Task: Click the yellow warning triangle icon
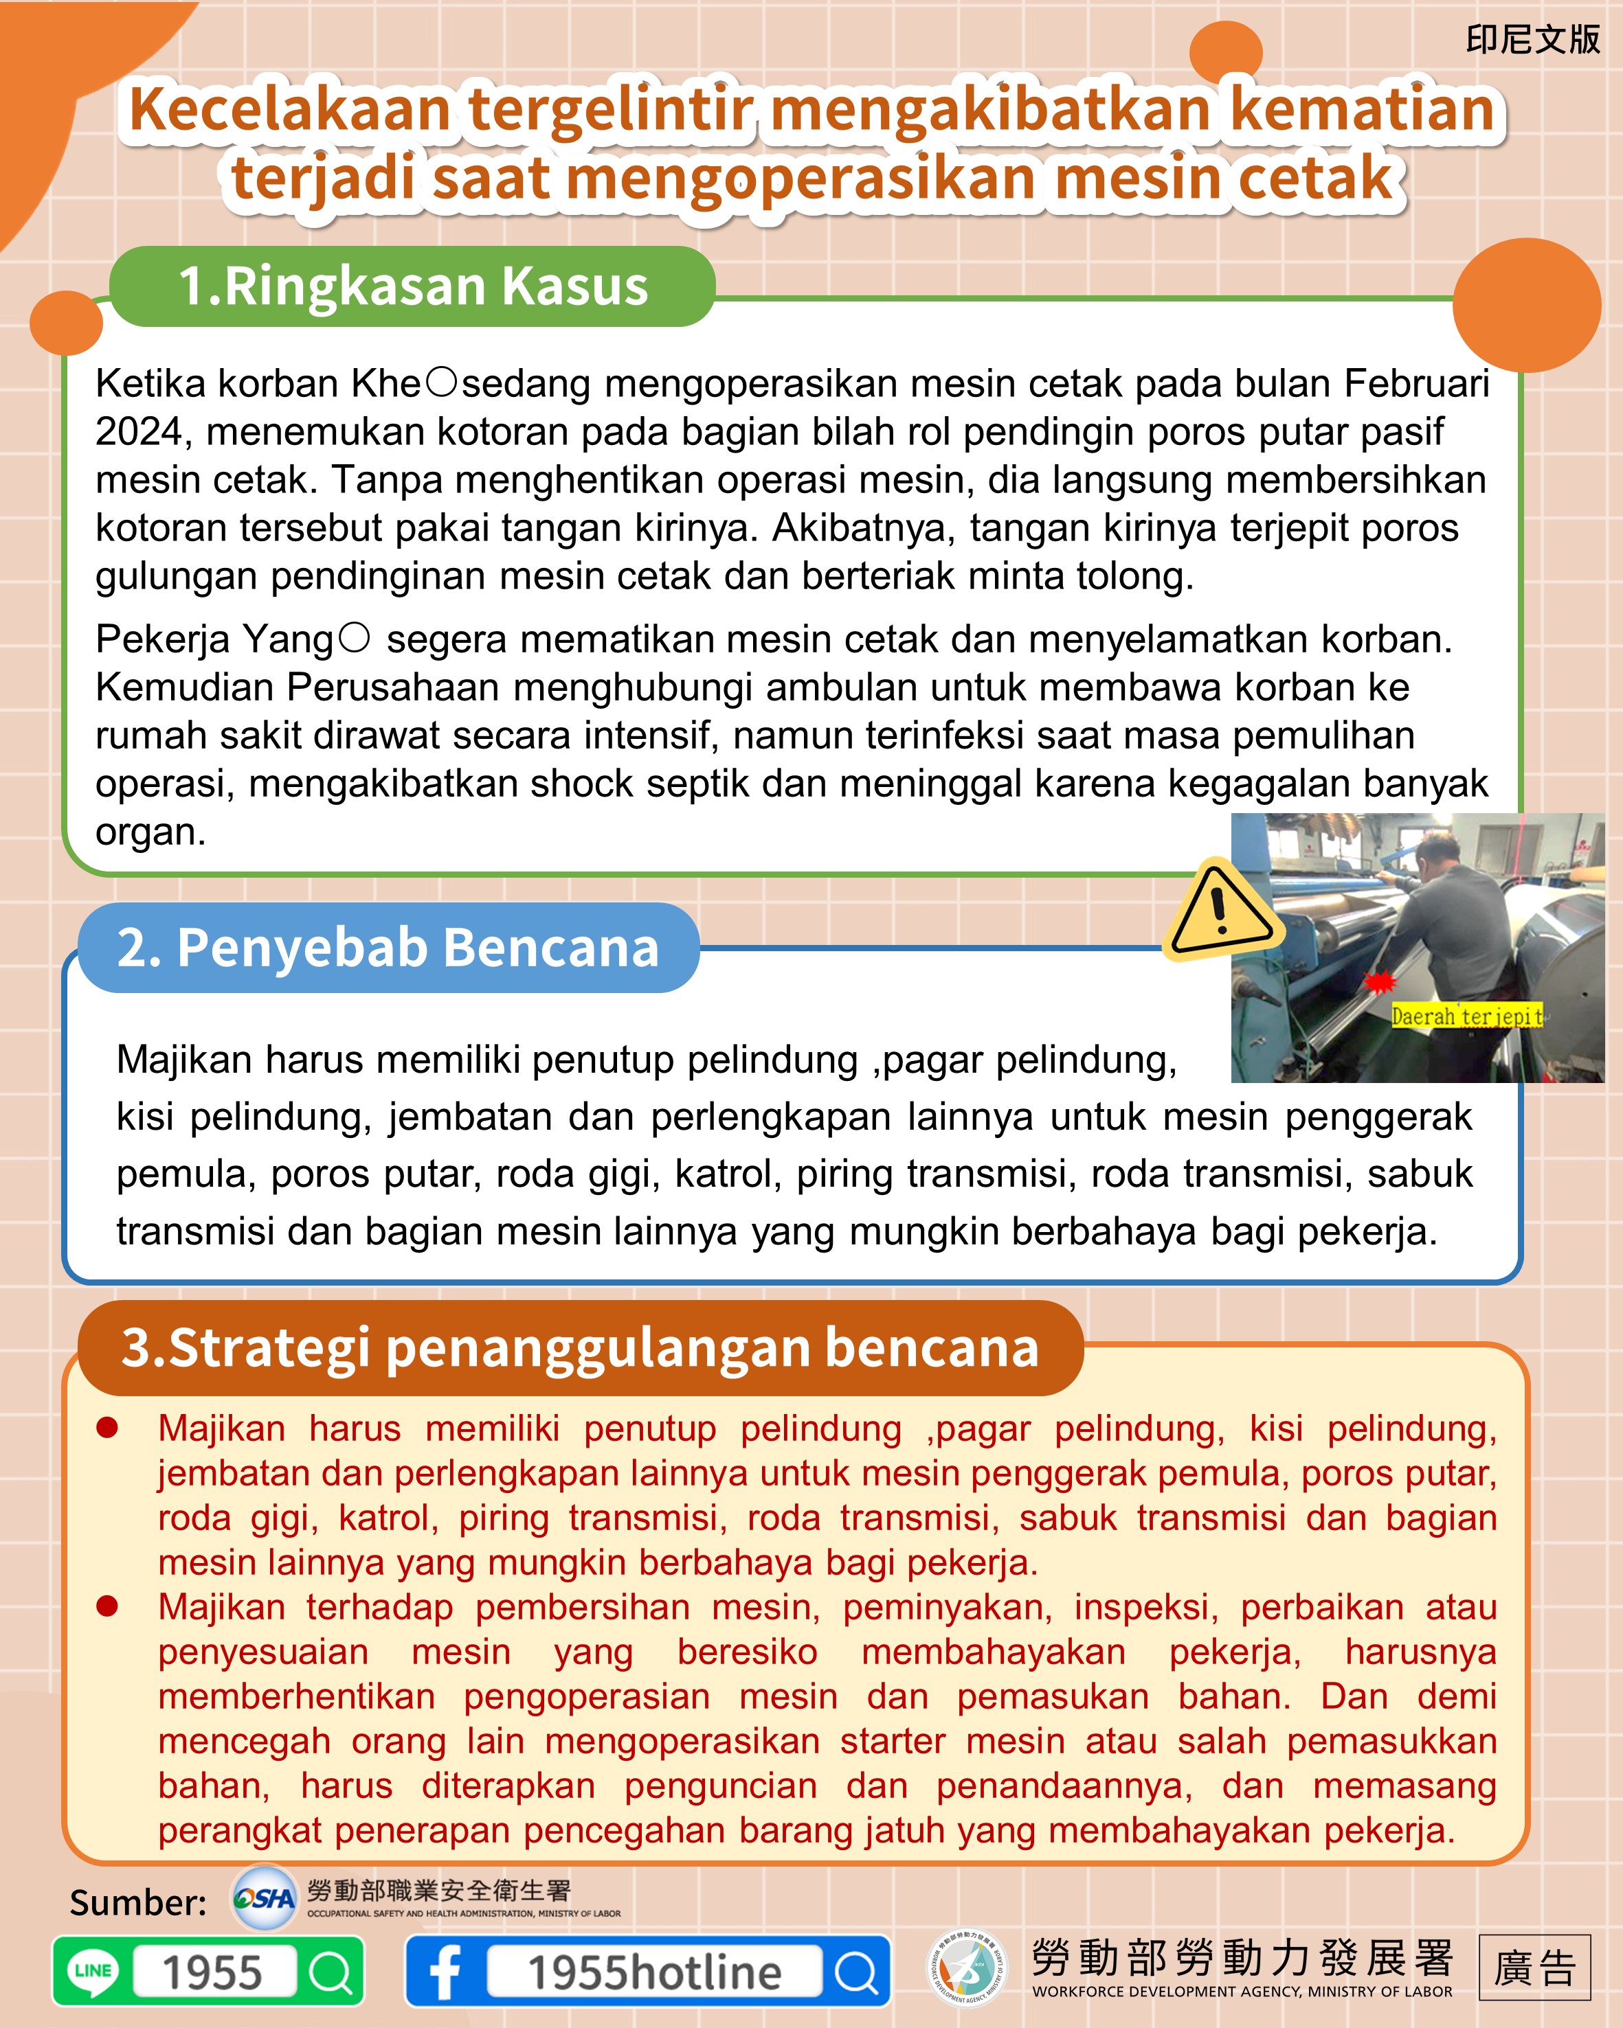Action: click(x=1220, y=911)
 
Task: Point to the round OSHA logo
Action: click(x=265, y=1898)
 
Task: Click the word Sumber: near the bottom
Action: click(x=138, y=1902)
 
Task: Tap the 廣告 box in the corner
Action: click(x=1534, y=1968)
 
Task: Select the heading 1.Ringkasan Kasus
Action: click(x=413, y=286)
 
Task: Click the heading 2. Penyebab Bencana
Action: click(x=388, y=947)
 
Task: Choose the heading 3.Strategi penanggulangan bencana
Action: click(x=579, y=1347)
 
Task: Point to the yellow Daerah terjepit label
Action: click(x=1466, y=1016)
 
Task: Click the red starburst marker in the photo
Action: click(x=1379, y=982)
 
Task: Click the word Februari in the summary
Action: click(x=1416, y=384)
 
